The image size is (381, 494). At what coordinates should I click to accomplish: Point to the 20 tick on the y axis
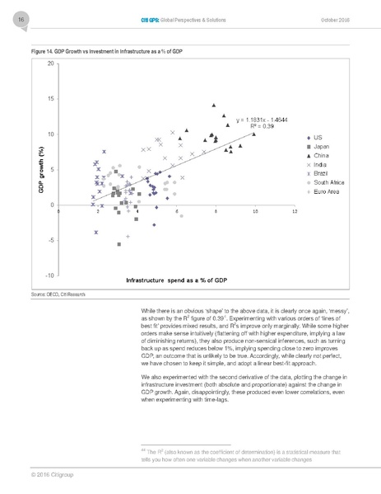pos(51,64)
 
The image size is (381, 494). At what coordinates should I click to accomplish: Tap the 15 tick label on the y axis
pos(51,99)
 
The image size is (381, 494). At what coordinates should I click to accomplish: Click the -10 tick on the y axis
pos(49,274)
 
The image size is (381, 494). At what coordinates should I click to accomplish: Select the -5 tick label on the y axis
pos(51,239)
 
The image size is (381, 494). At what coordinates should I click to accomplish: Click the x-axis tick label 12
pos(294,212)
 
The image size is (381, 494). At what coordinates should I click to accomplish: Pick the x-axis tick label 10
pos(254,212)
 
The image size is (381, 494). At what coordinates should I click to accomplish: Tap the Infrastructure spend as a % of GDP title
pos(176,281)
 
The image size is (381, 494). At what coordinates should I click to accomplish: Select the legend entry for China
pos(321,155)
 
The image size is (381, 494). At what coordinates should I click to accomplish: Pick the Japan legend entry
pos(322,146)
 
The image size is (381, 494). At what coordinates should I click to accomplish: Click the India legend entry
pos(320,164)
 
